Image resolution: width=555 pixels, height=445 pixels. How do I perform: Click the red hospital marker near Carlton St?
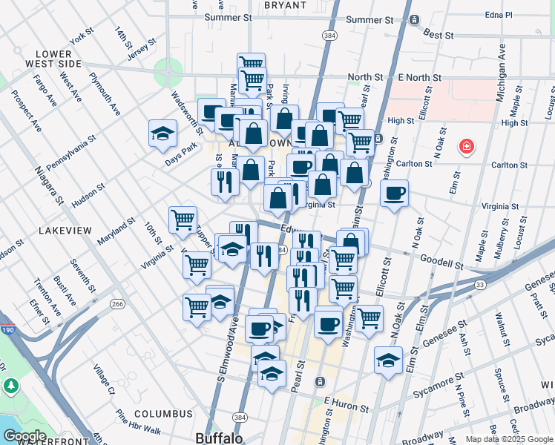click(466, 147)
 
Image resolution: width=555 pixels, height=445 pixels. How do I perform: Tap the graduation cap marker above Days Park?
click(162, 134)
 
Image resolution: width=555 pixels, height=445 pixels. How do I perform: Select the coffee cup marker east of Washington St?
click(394, 194)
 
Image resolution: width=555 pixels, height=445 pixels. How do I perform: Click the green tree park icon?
click(10, 386)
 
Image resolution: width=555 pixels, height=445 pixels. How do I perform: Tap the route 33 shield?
click(480, 284)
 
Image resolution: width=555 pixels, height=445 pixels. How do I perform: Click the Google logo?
click(24, 436)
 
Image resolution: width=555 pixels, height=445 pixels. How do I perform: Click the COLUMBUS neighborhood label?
click(163, 414)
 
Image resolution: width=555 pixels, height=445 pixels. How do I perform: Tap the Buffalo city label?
click(219, 438)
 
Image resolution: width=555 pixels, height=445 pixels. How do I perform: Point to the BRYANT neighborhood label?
click(284, 4)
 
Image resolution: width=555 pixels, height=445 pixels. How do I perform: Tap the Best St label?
click(438, 34)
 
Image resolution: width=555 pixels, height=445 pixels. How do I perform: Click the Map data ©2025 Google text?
click(508, 439)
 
